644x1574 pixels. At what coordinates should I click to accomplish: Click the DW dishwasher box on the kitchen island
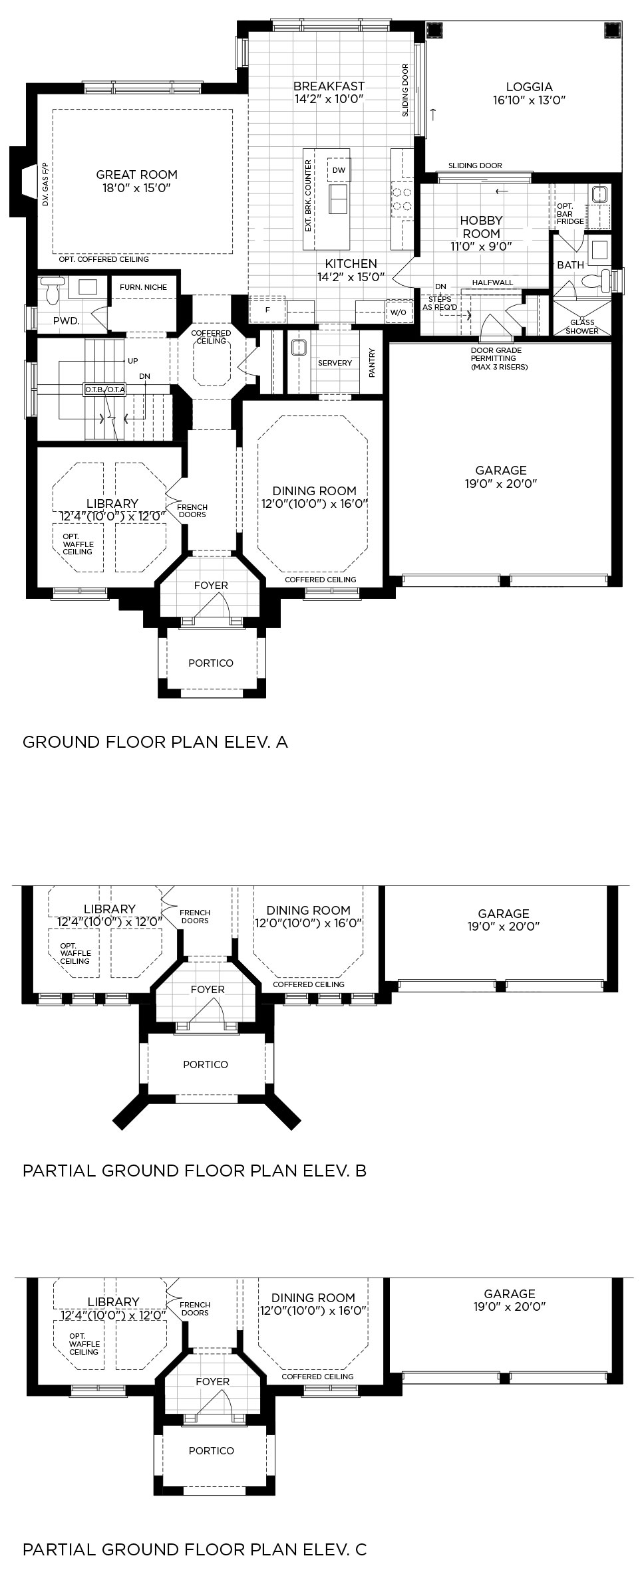[339, 170]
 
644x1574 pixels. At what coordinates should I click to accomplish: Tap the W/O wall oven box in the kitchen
[398, 312]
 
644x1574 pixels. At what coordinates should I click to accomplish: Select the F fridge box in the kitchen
[267, 309]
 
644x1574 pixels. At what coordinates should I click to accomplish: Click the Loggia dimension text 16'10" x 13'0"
[529, 100]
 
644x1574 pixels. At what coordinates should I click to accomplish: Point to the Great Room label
[136, 175]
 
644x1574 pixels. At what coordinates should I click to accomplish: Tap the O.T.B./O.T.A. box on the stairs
[105, 390]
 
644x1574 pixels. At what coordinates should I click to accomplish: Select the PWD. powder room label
[67, 321]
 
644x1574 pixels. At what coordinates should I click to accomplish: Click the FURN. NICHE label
[143, 287]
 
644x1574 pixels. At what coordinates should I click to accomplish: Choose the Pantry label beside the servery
[372, 363]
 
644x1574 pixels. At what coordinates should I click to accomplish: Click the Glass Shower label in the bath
[582, 326]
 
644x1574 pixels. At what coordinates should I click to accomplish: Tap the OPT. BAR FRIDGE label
[569, 213]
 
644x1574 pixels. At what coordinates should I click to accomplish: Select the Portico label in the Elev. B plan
[206, 1064]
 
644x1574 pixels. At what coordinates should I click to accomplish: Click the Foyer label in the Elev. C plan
[212, 1381]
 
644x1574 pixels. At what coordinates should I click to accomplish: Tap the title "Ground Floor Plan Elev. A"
[155, 742]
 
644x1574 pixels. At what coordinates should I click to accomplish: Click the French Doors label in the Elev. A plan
[192, 510]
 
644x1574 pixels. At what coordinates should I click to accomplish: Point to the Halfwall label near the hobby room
[492, 282]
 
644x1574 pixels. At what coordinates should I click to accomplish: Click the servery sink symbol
[297, 347]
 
